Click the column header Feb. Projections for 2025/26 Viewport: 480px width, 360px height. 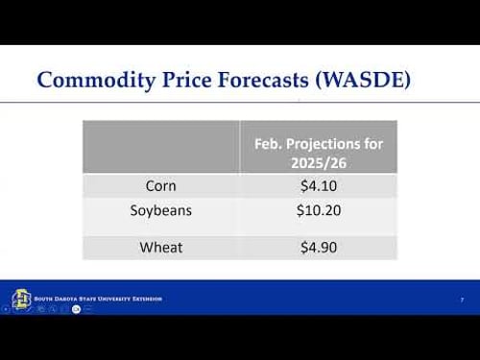318,153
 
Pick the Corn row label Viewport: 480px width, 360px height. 160,185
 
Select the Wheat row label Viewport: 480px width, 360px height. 160,247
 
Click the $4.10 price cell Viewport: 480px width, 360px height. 318,185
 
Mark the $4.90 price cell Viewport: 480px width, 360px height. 318,247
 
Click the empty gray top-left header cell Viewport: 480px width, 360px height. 160,147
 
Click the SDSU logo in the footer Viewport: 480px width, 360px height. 21,300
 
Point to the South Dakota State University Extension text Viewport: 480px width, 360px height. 98,299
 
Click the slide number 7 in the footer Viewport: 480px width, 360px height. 462,300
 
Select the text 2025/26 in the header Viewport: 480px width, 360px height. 318,161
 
